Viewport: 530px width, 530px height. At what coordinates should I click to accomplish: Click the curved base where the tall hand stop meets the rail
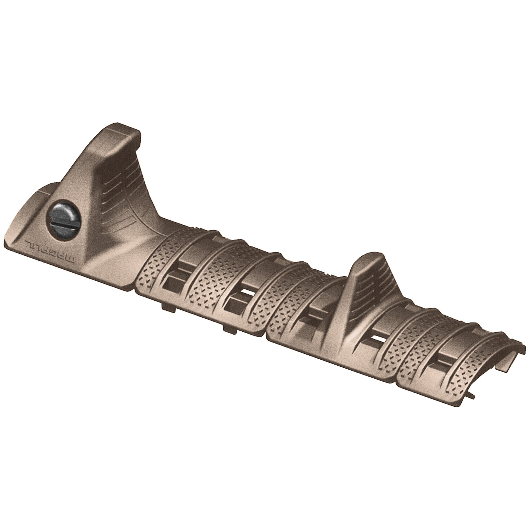pos(159,229)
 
